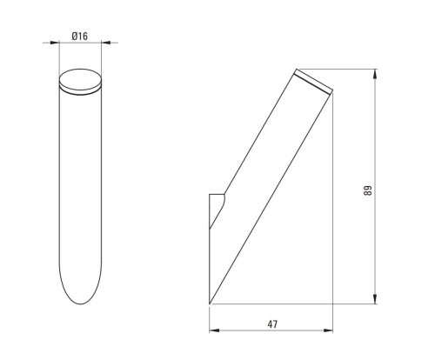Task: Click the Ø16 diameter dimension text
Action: click(79, 37)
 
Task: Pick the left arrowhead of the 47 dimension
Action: click(213, 331)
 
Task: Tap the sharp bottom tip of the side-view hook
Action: click(211, 303)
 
